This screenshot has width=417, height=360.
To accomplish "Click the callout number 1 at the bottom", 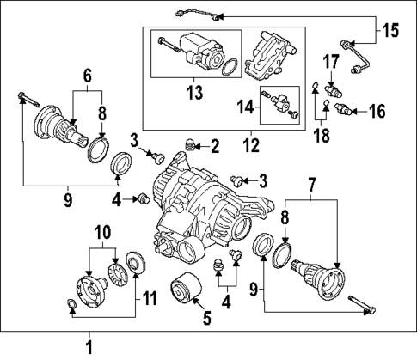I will click(x=87, y=348).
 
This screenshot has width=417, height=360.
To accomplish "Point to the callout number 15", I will click(x=390, y=31).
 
